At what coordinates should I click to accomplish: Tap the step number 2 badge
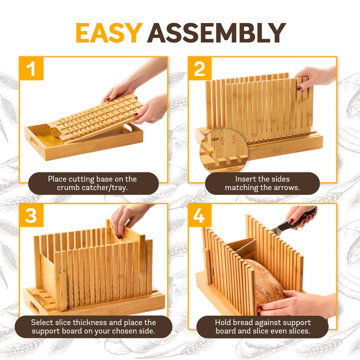pos(199,68)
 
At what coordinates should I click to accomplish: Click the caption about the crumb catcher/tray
pos(92,183)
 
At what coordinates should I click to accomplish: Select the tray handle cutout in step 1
pos(38,135)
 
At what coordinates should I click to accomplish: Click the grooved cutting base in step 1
pos(100,117)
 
